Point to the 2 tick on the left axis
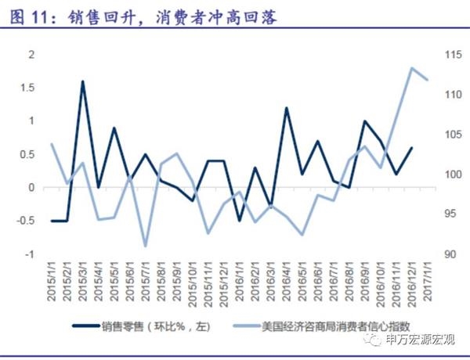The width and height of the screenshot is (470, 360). tap(32, 54)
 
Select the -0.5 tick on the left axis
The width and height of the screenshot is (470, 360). tap(27, 221)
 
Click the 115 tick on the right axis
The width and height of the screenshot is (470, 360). tap(452, 54)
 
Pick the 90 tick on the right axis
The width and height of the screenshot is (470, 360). tap(450, 255)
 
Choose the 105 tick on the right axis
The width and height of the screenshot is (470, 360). tap(452, 135)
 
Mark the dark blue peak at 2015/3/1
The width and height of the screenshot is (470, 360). tap(83, 81)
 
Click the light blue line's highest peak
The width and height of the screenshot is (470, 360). tap(412, 67)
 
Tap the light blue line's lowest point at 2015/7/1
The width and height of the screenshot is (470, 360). tap(146, 246)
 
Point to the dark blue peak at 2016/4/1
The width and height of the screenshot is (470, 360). tap(287, 108)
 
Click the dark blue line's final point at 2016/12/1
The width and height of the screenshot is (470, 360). tap(412, 148)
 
